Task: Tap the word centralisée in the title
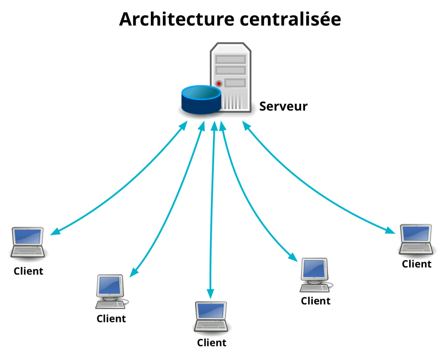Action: (290, 19)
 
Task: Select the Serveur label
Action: (283, 106)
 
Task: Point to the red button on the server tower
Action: (219, 84)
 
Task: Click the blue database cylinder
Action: (201, 100)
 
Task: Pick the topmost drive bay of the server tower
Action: (231, 59)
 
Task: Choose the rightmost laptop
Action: (416, 240)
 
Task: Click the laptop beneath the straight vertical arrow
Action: (210, 317)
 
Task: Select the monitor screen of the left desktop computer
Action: (110, 285)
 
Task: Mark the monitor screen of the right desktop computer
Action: (314, 268)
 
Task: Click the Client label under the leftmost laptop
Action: (28, 271)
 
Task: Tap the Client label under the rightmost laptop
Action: (417, 264)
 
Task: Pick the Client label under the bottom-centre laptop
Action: (211, 343)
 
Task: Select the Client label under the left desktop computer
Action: (111, 319)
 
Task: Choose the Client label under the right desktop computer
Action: (315, 301)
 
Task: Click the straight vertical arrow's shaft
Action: (212, 210)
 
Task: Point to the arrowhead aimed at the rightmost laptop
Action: (390, 230)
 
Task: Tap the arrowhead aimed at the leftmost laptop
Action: (55, 231)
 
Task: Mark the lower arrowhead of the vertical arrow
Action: (210, 293)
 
